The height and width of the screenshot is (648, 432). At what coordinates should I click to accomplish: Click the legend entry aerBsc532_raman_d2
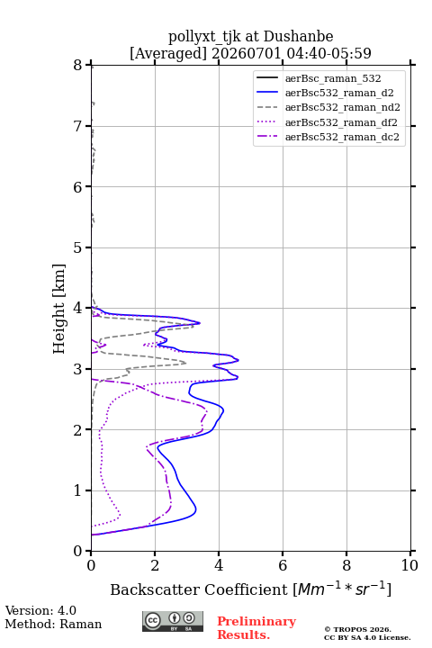pyautogui.click(x=339, y=93)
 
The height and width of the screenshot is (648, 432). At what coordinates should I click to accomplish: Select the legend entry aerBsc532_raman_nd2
pyautogui.click(x=343, y=107)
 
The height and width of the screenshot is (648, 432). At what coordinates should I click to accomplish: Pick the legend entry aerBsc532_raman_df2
pyautogui.click(x=341, y=122)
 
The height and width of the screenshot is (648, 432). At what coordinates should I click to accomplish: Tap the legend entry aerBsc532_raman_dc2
pyautogui.click(x=342, y=137)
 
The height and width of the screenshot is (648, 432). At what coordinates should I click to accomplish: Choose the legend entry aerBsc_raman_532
pyautogui.click(x=333, y=78)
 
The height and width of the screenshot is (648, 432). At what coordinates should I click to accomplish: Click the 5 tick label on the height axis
pyautogui.click(x=77, y=248)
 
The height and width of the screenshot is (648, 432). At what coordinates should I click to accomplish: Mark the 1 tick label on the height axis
pyautogui.click(x=77, y=490)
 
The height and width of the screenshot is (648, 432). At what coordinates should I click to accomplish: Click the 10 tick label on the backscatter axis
pyautogui.click(x=409, y=565)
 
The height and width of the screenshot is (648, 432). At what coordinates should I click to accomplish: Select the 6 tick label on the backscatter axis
pyautogui.click(x=283, y=565)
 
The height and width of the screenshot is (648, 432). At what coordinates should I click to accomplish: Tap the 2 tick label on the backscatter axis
pyautogui.click(x=155, y=565)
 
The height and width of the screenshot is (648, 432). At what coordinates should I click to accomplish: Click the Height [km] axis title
pyautogui.click(x=58, y=309)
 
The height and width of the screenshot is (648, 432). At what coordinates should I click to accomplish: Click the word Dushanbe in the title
pyautogui.click(x=298, y=37)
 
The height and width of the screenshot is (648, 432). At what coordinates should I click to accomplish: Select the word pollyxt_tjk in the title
pyautogui.click(x=204, y=37)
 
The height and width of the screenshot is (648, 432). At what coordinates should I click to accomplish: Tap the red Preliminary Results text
pyautogui.click(x=256, y=628)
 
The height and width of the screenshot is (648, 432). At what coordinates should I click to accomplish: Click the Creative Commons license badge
pyautogui.click(x=173, y=622)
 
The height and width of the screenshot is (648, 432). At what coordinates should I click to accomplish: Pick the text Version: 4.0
pyautogui.click(x=40, y=610)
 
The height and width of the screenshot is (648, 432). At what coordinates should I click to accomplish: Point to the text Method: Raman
pyautogui.click(x=53, y=624)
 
